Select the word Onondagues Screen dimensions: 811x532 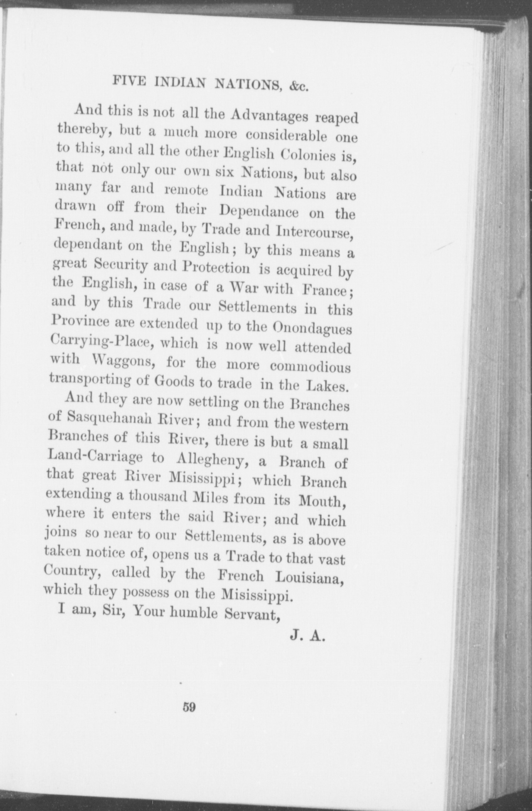[x=312, y=329]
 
